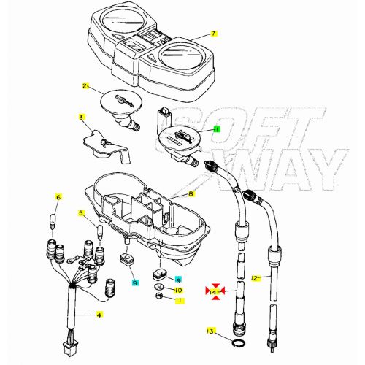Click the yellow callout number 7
click(214, 34)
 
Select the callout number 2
click(85, 87)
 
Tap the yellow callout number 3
click(82, 117)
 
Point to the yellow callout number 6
click(59, 197)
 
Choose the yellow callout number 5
click(82, 213)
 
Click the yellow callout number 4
click(100, 315)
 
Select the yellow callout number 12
click(255, 278)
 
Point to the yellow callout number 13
click(211, 331)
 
